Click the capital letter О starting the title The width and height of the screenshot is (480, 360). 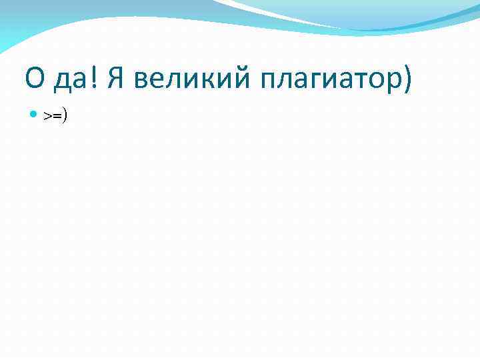(x=35, y=80)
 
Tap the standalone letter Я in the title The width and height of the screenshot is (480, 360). (x=115, y=80)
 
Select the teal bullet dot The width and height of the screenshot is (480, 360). (x=35, y=115)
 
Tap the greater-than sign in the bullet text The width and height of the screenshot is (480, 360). (x=48, y=116)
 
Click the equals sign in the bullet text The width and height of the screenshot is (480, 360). (x=57, y=116)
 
